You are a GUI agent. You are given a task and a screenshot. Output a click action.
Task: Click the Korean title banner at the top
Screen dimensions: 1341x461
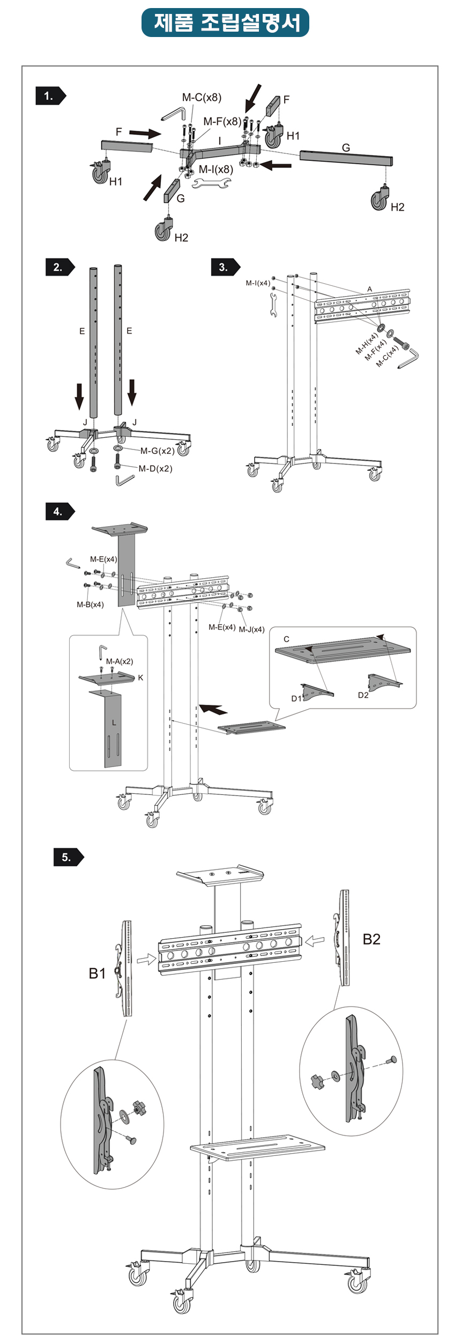point(225,23)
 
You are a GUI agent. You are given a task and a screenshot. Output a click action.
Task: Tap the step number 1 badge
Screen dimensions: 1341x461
point(50,96)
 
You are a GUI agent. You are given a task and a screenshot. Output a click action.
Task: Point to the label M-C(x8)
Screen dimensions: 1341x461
point(202,97)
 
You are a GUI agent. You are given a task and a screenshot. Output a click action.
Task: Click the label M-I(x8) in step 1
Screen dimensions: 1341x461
point(215,170)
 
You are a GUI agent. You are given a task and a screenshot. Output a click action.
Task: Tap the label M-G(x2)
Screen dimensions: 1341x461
point(157,451)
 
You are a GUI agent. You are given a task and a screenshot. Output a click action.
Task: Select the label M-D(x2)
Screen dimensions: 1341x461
point(155,468)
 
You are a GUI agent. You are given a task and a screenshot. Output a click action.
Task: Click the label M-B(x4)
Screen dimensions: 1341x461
point(90,605)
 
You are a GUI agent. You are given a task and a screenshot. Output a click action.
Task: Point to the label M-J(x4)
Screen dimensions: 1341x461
point(251,629)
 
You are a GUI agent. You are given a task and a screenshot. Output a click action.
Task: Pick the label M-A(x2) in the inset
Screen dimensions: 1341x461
point(120,661)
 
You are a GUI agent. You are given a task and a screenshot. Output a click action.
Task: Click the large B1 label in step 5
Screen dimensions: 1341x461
point(97,973)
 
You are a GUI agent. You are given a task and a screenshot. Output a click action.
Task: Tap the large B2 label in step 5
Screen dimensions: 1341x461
point(371,939)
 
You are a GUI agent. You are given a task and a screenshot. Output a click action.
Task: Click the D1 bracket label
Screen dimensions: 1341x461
point(296,698)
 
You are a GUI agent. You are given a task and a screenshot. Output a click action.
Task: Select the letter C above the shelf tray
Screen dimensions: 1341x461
point(286,639)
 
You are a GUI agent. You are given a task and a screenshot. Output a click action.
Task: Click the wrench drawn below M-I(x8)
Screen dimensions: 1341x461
point(211,184)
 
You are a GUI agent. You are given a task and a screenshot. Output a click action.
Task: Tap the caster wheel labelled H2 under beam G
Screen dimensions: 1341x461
point(380,200)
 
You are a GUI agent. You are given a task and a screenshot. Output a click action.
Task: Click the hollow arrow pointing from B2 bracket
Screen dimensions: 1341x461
point(315,941)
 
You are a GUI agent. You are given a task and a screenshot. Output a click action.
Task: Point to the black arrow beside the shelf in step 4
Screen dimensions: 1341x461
point(213,709)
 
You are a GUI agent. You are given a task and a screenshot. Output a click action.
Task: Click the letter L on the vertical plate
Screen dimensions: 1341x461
point(114,723)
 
